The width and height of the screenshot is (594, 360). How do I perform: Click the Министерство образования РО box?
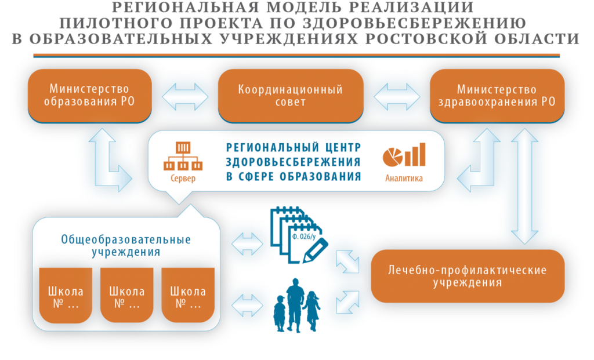pos(90,96)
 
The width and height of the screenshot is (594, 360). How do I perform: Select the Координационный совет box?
pos(291,96)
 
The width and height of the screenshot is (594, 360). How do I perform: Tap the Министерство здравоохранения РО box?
pos(497,96)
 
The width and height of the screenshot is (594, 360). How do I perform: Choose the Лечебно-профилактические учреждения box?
pos(468,276)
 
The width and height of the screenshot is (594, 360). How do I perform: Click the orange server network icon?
pos(183,157)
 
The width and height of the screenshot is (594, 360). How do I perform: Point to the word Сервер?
pos(183,179)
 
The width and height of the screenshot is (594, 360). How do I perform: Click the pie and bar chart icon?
pos(404,155)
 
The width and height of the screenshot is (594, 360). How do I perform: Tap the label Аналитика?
pos(404,179)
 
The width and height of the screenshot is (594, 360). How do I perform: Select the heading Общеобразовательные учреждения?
pos(126,246)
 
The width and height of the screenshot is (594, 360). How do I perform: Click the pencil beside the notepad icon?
pos(315,250)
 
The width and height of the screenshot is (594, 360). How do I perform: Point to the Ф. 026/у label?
pos(303,237)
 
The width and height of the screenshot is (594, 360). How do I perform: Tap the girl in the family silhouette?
pos(312,310)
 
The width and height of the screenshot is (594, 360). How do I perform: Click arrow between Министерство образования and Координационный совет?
pos(185,97)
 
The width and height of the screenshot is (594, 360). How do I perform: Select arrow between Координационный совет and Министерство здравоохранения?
pos(397,97)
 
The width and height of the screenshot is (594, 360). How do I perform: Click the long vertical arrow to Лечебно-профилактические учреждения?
pos(524,186)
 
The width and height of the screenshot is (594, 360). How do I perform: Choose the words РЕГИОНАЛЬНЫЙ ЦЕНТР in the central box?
pos(294,147)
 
